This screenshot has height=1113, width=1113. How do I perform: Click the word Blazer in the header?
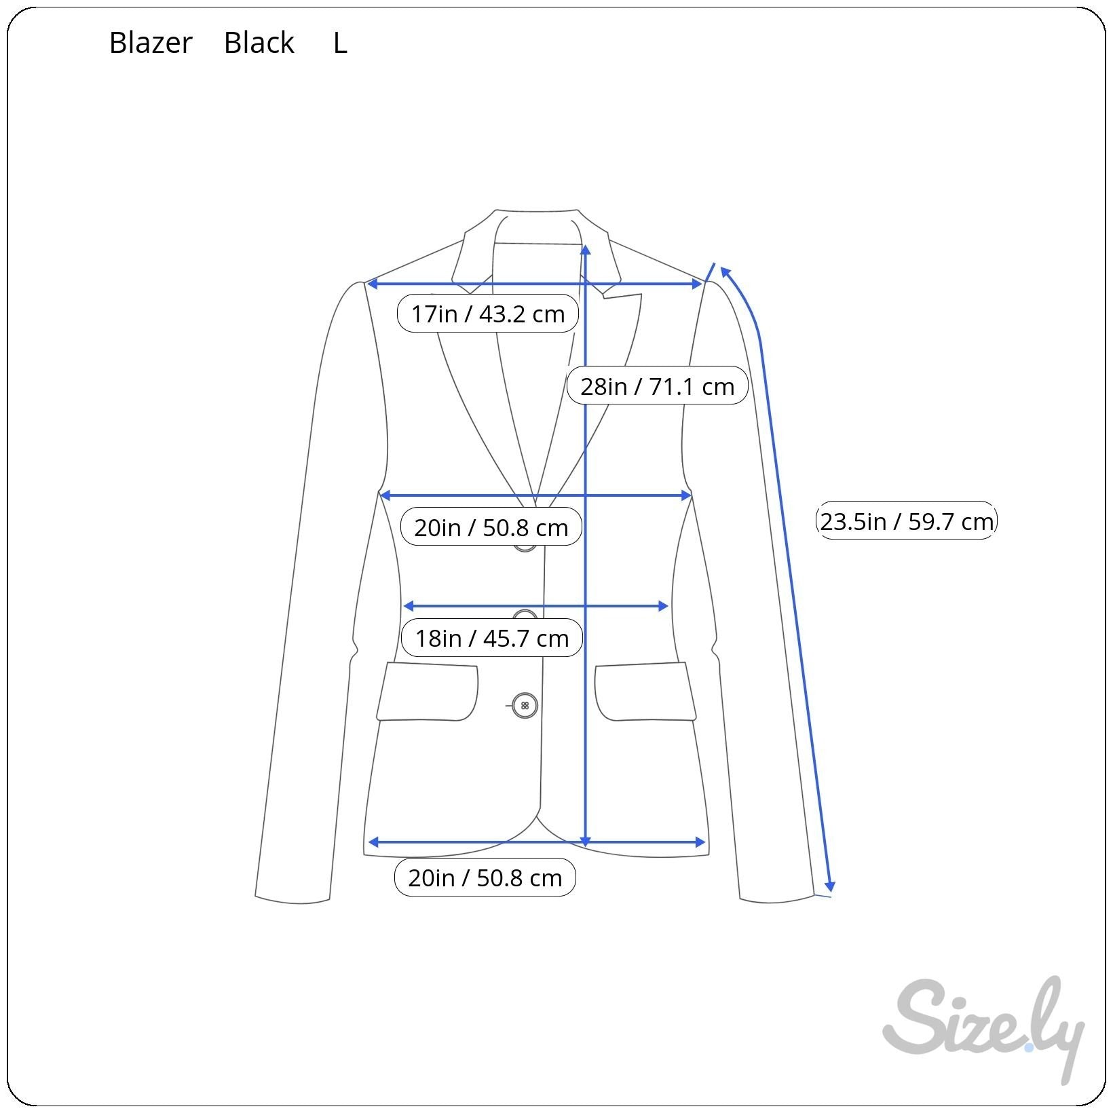(151, 43)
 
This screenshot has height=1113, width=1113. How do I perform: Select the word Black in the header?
(259, 43)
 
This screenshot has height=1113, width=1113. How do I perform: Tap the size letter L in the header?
(340, 43)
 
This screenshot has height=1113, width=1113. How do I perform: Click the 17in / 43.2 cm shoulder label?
(487, 314)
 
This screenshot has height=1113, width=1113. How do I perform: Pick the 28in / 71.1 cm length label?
(657, 386)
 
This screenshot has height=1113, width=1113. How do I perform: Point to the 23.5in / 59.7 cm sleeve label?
(907, 521)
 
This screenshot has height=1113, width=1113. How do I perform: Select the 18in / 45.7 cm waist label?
(491, 638)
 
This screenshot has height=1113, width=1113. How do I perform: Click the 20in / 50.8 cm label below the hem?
(485, 878)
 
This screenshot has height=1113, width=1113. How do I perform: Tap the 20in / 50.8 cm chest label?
(491, 527)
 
